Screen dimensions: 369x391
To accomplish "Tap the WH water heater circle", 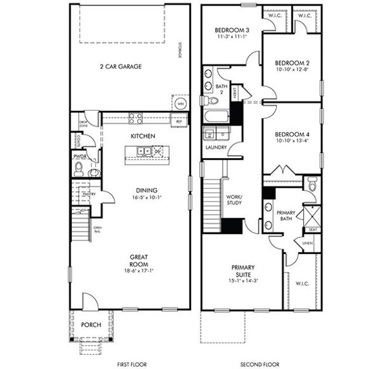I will pyautogui.click(x=180, y=104).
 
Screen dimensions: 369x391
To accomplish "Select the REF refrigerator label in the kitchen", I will pyautogui.click(x=179, y=122).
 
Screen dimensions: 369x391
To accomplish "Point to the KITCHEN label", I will pyautogui.click(x=143, y=136).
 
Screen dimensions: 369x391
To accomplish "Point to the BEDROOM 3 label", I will pyautogui.click(x=232, y=31).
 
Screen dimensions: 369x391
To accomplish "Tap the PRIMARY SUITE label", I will pyautogui.click(x=242, y=271).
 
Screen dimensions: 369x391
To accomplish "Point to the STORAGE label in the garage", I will pyautogui.click(x=181, y=49).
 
